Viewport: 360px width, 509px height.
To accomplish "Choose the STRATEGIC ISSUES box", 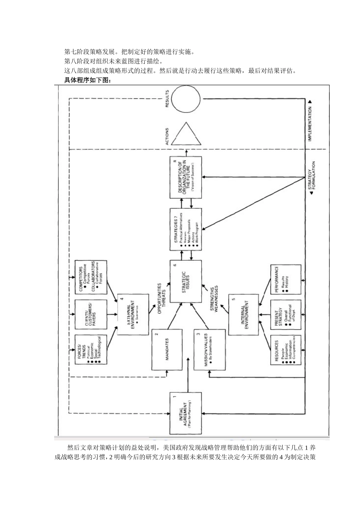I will click(x=186, y=281).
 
